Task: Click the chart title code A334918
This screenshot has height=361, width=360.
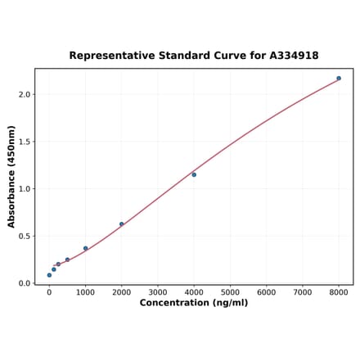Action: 291,56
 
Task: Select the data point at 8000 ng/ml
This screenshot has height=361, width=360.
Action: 339,79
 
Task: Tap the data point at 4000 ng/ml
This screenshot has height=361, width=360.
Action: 194,174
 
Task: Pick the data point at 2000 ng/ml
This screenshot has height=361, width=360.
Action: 122,224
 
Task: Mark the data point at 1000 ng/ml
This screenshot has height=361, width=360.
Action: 85,248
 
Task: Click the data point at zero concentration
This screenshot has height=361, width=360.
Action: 49,275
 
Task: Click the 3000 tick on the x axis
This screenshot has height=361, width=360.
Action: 158,292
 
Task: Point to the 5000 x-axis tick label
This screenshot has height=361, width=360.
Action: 230,292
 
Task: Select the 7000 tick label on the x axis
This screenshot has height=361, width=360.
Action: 303,292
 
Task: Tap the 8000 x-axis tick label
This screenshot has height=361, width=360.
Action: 339,292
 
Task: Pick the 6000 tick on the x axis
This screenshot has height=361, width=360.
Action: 267,292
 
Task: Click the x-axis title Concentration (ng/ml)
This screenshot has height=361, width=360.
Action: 194,303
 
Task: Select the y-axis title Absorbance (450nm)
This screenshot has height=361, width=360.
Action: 11,177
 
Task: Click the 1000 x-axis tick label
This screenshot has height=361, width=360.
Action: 85,292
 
